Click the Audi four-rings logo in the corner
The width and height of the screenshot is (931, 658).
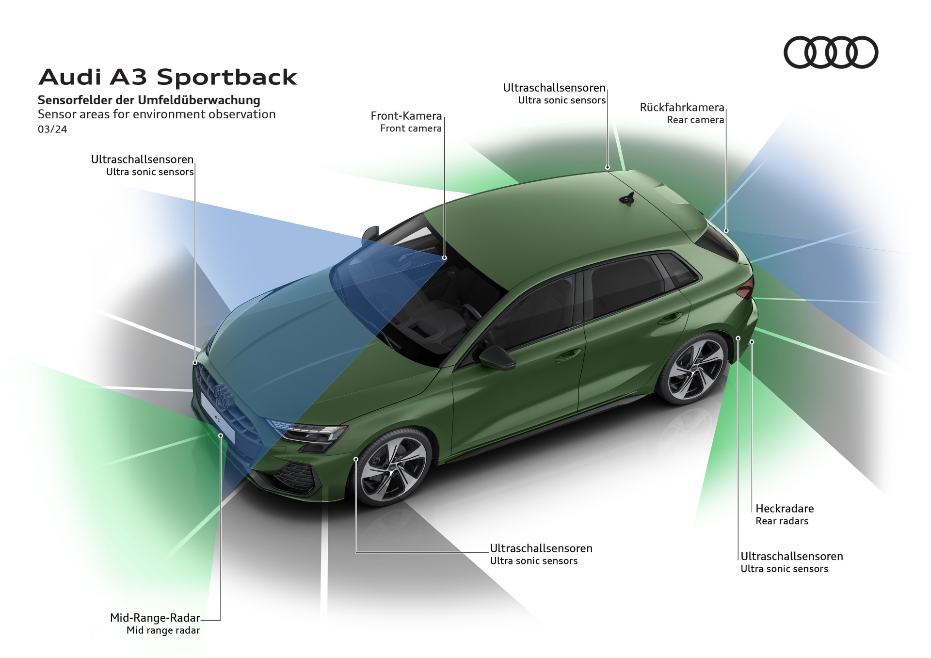click(831, 52)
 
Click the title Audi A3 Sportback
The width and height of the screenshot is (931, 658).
click(167, 77)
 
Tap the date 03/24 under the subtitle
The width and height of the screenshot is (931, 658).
click(52, 129)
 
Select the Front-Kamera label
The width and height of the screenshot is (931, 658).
click(406, 116)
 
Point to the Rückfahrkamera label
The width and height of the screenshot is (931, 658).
click(682, 107)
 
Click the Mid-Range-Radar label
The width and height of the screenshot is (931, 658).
click(155, 618)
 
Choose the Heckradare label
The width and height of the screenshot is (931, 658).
click(784, 509)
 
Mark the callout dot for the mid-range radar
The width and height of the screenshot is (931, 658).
click(221, 436)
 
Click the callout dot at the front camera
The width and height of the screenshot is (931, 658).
click(444, 258)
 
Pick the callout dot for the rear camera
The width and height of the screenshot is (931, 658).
click(726, 231)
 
